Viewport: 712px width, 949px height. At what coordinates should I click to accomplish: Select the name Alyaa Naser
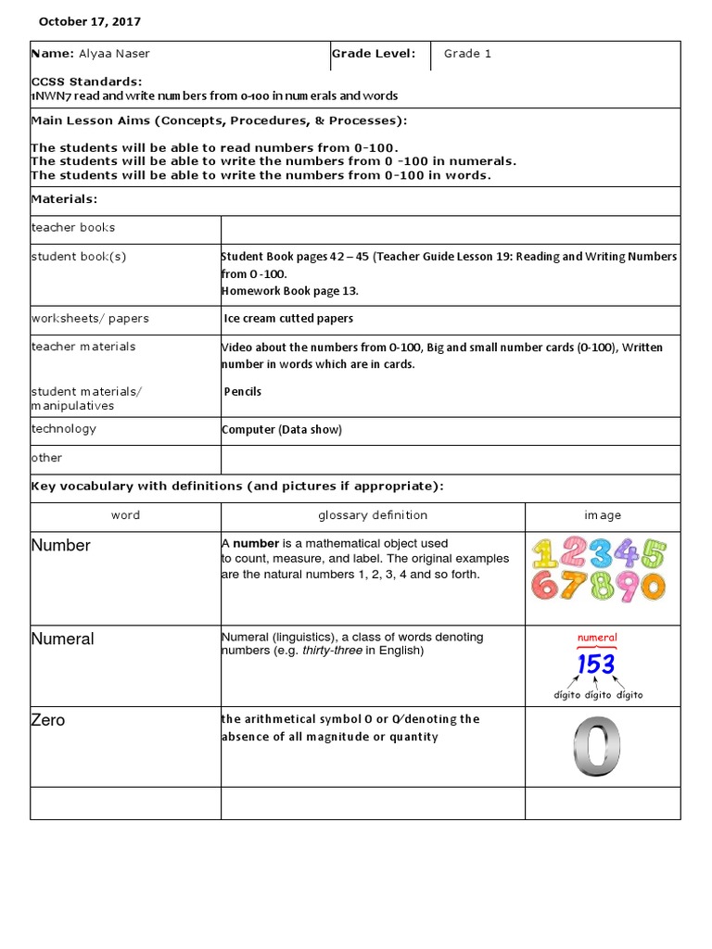tap(113, 54)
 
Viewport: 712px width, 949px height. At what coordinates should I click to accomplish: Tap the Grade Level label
tap(374, 54)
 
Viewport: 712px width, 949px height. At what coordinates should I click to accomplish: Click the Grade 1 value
tap(467, 54)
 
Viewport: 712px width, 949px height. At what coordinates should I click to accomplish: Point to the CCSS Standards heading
tap(86, 82)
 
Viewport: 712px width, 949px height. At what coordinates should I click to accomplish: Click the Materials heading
tap(64, 198)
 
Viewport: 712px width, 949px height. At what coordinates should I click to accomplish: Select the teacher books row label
tap(73, 227)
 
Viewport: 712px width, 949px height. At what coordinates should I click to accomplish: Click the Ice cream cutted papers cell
tap(288, 319)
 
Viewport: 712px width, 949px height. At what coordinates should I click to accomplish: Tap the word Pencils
tap(243, 391)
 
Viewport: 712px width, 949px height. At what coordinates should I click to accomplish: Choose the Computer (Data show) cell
tap(282, 429)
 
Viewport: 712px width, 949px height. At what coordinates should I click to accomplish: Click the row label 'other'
tap(46, 458)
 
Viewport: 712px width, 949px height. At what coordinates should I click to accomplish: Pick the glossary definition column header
tap(373, 515)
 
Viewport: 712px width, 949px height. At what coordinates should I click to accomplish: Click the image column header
tap(603, 515)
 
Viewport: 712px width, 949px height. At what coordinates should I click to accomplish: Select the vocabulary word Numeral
tap(63, 639)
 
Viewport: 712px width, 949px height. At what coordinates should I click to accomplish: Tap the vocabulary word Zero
tap(48, 720)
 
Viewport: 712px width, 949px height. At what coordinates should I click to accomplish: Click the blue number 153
tap(596, 664)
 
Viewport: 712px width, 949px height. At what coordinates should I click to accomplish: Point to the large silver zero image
tap(596, 746)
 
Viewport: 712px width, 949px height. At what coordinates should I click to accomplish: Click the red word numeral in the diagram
tap(597, 638)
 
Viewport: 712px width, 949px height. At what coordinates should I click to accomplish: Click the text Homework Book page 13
tap(289, 290)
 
